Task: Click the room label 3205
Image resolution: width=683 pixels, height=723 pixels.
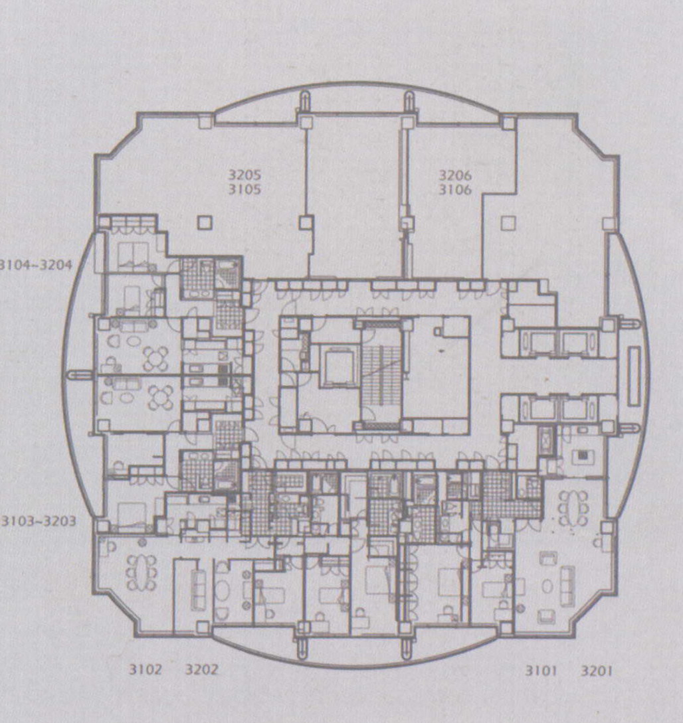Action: click(x=244, y=175)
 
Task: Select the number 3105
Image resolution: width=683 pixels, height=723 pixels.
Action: click(x=244, y=189)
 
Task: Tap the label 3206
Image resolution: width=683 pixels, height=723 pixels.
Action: click(x=455, y=175)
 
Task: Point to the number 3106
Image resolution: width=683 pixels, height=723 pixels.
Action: click(x=455, y=189)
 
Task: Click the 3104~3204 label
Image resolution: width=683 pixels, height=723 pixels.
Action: click(x=36, y=265)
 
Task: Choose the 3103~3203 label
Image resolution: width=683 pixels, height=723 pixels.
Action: click(x=39, y=521)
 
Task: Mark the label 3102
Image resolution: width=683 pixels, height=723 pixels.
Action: click(x=146, y=669)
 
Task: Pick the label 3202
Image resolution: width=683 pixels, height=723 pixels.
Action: click(x=201, y=669)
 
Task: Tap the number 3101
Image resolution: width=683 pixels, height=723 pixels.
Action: click(x=541, y=671)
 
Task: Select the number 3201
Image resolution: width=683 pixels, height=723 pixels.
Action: click(x=596, y=671)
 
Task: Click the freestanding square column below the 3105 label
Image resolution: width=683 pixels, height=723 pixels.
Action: click(x=205, y=222)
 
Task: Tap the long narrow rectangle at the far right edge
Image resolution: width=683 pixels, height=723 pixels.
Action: click(x=634, y=376)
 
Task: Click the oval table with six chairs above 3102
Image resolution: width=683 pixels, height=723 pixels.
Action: click(x=142, y=572)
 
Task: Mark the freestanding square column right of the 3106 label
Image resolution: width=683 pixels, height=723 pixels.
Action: click(x=508, y=223)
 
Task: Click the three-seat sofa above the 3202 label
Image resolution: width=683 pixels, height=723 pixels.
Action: click(x=199, y=589)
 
